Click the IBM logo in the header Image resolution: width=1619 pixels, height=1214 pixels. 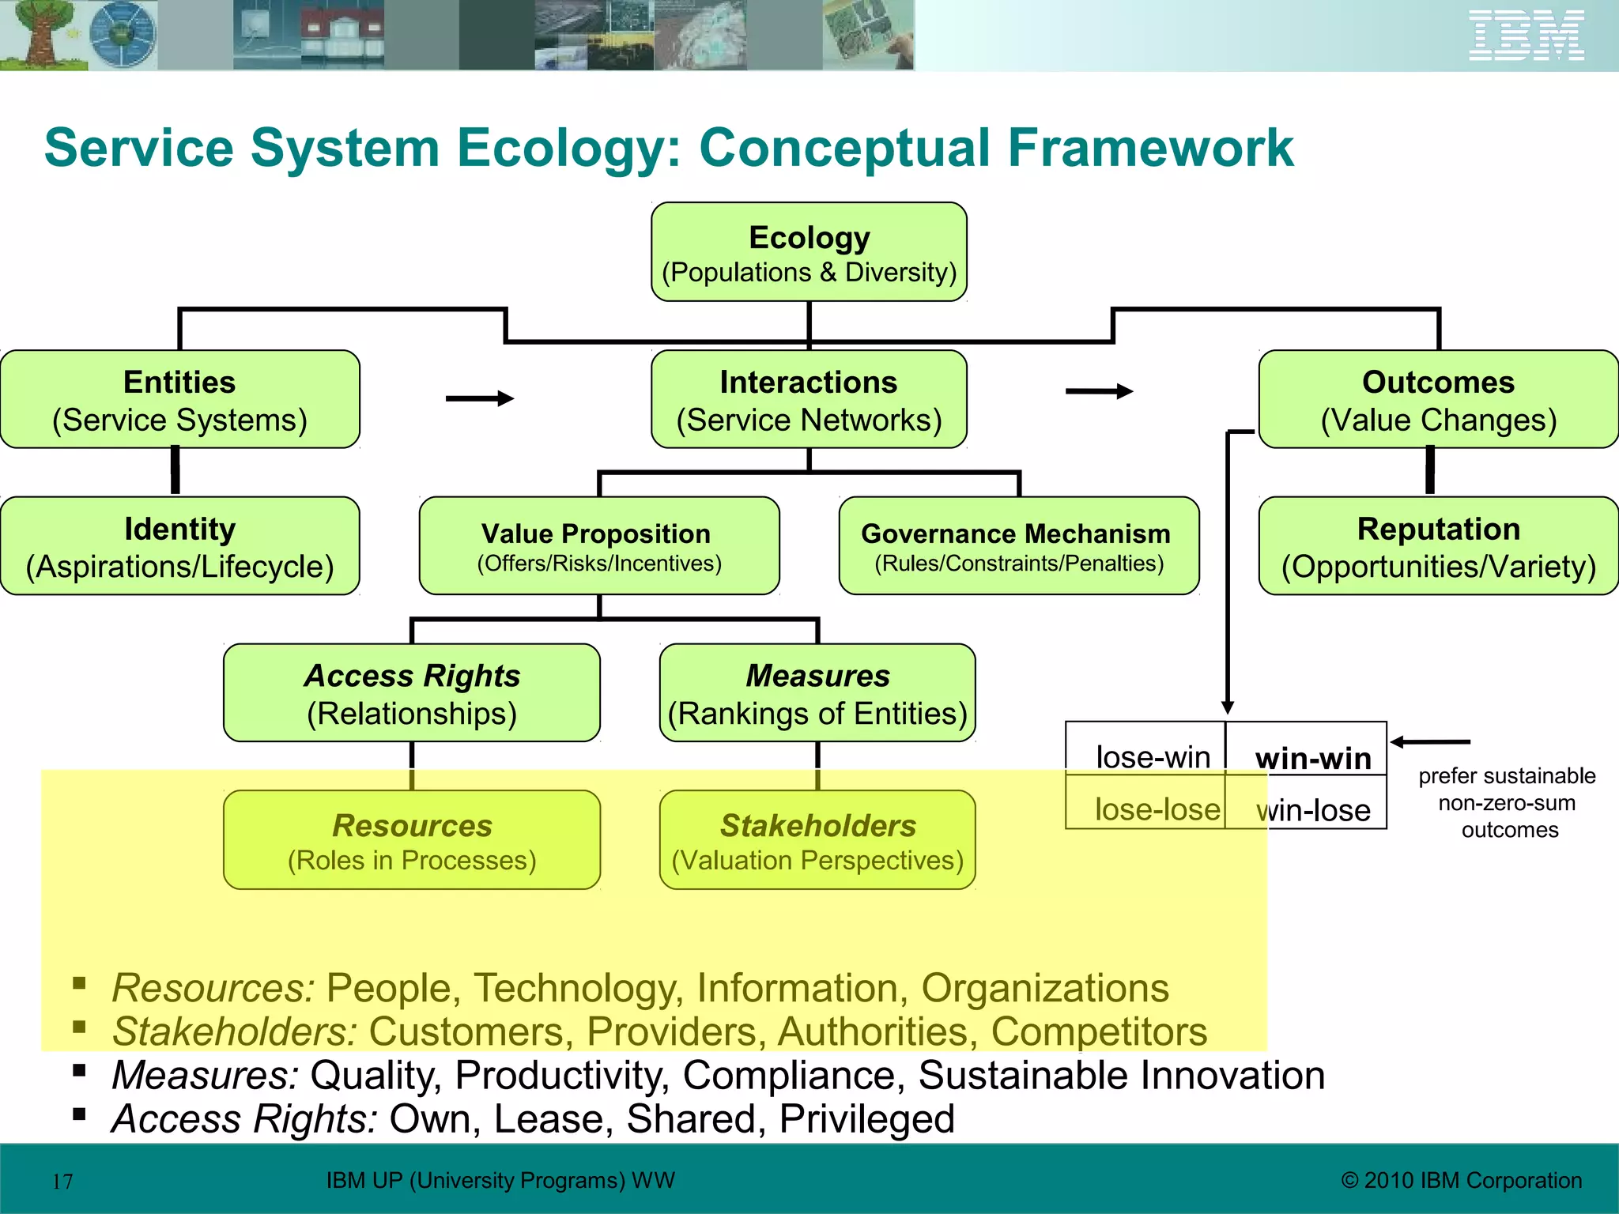1526,36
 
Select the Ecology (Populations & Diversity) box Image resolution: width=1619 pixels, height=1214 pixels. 809,252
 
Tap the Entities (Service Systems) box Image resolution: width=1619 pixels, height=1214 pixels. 179,400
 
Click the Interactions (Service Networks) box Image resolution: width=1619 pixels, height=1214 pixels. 809,400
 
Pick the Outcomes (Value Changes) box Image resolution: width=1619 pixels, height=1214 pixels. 1438,400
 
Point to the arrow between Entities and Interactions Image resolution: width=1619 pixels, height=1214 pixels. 480,398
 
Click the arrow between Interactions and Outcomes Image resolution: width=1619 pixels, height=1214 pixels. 1099,391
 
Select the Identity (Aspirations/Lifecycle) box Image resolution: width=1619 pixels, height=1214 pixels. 179,546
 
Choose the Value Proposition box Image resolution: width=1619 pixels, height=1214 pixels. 598,546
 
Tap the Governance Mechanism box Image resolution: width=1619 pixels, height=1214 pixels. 1018,546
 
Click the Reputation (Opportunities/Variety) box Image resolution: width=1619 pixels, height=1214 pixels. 1438,546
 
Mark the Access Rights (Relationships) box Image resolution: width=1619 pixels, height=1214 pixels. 411,693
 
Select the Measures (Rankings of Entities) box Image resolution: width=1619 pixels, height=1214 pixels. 817,693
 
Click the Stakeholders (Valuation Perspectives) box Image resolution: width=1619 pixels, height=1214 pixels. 817,840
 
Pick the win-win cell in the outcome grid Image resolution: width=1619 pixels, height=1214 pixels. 1312,757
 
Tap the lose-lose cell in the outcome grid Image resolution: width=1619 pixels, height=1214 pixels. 1157,809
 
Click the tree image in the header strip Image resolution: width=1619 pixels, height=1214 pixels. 40,36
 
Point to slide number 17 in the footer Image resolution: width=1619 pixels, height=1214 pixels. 62,1182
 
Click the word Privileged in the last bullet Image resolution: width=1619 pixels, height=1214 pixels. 866,1119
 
